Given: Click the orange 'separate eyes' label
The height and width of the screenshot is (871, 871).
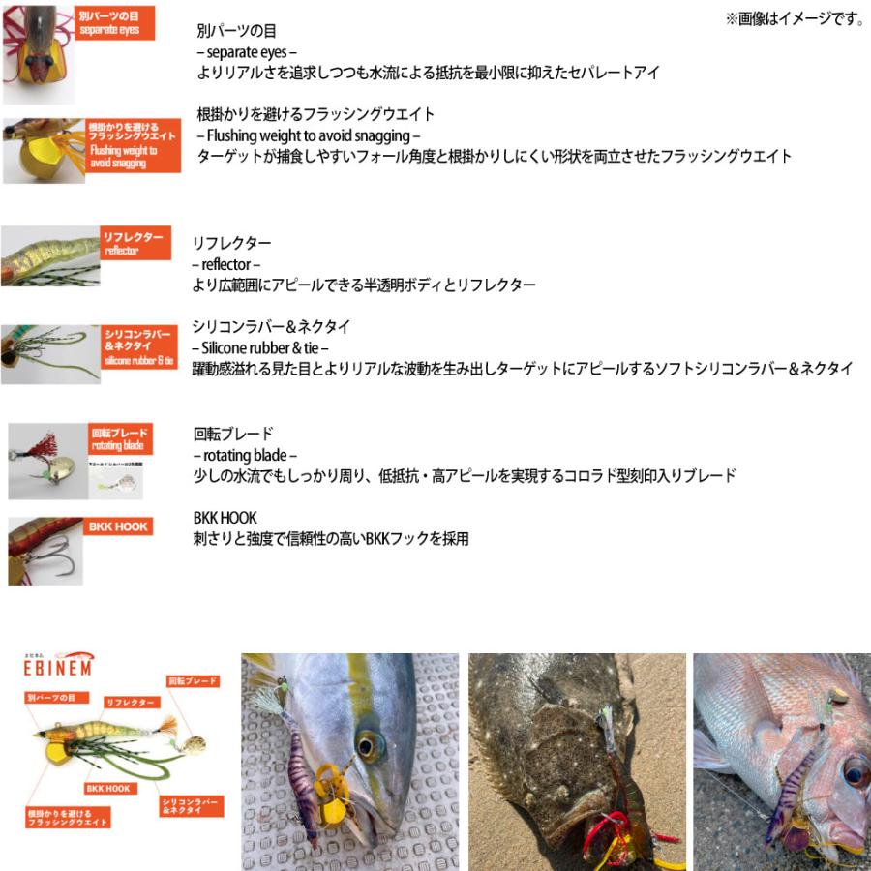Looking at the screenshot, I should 112,23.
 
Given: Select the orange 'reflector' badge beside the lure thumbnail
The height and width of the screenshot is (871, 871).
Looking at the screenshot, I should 135,244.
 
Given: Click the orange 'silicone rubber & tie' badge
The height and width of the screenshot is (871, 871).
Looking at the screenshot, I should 139,346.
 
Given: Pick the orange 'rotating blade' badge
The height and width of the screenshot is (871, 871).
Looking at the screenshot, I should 119,438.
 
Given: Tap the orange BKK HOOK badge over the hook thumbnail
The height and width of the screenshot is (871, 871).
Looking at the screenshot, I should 118,526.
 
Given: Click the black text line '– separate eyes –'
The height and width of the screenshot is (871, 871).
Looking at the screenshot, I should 246,52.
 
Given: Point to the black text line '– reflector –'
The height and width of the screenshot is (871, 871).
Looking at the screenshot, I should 226,264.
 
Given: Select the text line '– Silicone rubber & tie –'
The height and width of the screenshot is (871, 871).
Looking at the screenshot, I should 261,347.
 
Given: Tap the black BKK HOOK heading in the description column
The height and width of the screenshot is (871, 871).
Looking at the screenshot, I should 225,518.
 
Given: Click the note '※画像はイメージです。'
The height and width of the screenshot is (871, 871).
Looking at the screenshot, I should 795,18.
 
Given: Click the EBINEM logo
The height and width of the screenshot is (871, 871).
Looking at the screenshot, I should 57,668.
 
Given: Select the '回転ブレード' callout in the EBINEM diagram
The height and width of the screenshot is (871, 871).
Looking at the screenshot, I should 193,681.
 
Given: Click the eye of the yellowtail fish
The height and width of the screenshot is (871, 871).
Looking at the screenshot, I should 367,744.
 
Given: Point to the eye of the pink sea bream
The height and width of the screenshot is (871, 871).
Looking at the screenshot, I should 856,771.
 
